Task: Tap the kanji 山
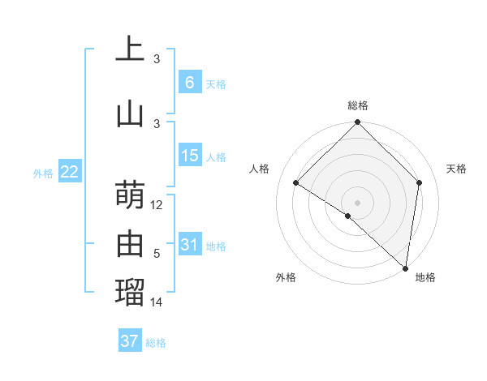[130, 113]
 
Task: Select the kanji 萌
[130, 195]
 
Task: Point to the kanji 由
[130, 243]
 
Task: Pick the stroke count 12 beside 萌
[157, 205]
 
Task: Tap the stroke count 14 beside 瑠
[157, 302]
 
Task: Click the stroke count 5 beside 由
[157, 254]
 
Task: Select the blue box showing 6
[189, 82]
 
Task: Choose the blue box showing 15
[189, 156]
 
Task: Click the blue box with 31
[189, 245]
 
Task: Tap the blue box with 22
[69, 172]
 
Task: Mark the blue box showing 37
[129, 341]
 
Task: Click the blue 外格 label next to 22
[43, 173]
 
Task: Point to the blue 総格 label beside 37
[156, 343]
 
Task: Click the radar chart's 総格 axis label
[357, 105]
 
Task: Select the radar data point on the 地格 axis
[406, 268]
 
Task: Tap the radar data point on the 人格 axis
[296, 182]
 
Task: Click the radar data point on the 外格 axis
[348, 216]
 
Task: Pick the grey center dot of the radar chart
[357, 202]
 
